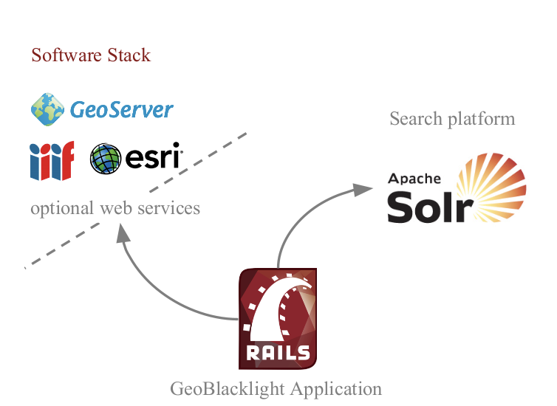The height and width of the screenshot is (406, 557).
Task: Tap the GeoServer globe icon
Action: (47, 109)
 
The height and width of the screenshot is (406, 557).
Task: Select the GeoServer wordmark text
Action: (122, 110)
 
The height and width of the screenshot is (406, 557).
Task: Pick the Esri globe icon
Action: (106, 159)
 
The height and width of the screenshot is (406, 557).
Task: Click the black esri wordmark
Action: (152, 158)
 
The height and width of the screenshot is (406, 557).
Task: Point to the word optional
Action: (61, 209)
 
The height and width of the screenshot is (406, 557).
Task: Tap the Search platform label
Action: (451, 119)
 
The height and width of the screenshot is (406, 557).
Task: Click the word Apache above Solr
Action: (414, 179)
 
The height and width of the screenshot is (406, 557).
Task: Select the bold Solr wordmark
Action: (430, 207)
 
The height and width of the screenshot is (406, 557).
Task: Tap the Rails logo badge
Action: (278, 318)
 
